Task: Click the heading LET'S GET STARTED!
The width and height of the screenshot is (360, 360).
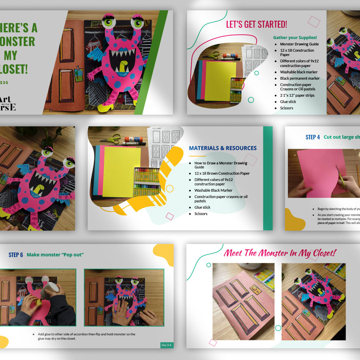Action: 256,24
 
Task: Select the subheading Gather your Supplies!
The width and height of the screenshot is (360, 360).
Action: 295,38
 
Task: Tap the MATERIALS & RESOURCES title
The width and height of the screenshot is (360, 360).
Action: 223,148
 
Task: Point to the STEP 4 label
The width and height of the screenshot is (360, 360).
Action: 313,137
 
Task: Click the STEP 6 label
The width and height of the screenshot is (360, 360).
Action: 16,255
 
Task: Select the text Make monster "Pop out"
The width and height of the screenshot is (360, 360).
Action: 55,255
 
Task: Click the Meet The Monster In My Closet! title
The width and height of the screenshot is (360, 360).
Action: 280,253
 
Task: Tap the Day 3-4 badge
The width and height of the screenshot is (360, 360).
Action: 167,345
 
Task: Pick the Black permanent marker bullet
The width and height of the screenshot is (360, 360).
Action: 300,78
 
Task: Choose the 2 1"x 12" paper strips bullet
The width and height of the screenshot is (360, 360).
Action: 297,95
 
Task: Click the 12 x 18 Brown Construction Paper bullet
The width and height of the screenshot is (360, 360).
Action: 222,173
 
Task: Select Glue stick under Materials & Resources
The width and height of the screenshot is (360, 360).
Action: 202,207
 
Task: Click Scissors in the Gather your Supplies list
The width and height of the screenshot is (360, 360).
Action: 287,108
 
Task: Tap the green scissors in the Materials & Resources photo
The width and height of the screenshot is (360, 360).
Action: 111,139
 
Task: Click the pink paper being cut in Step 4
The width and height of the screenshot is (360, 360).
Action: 320,173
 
